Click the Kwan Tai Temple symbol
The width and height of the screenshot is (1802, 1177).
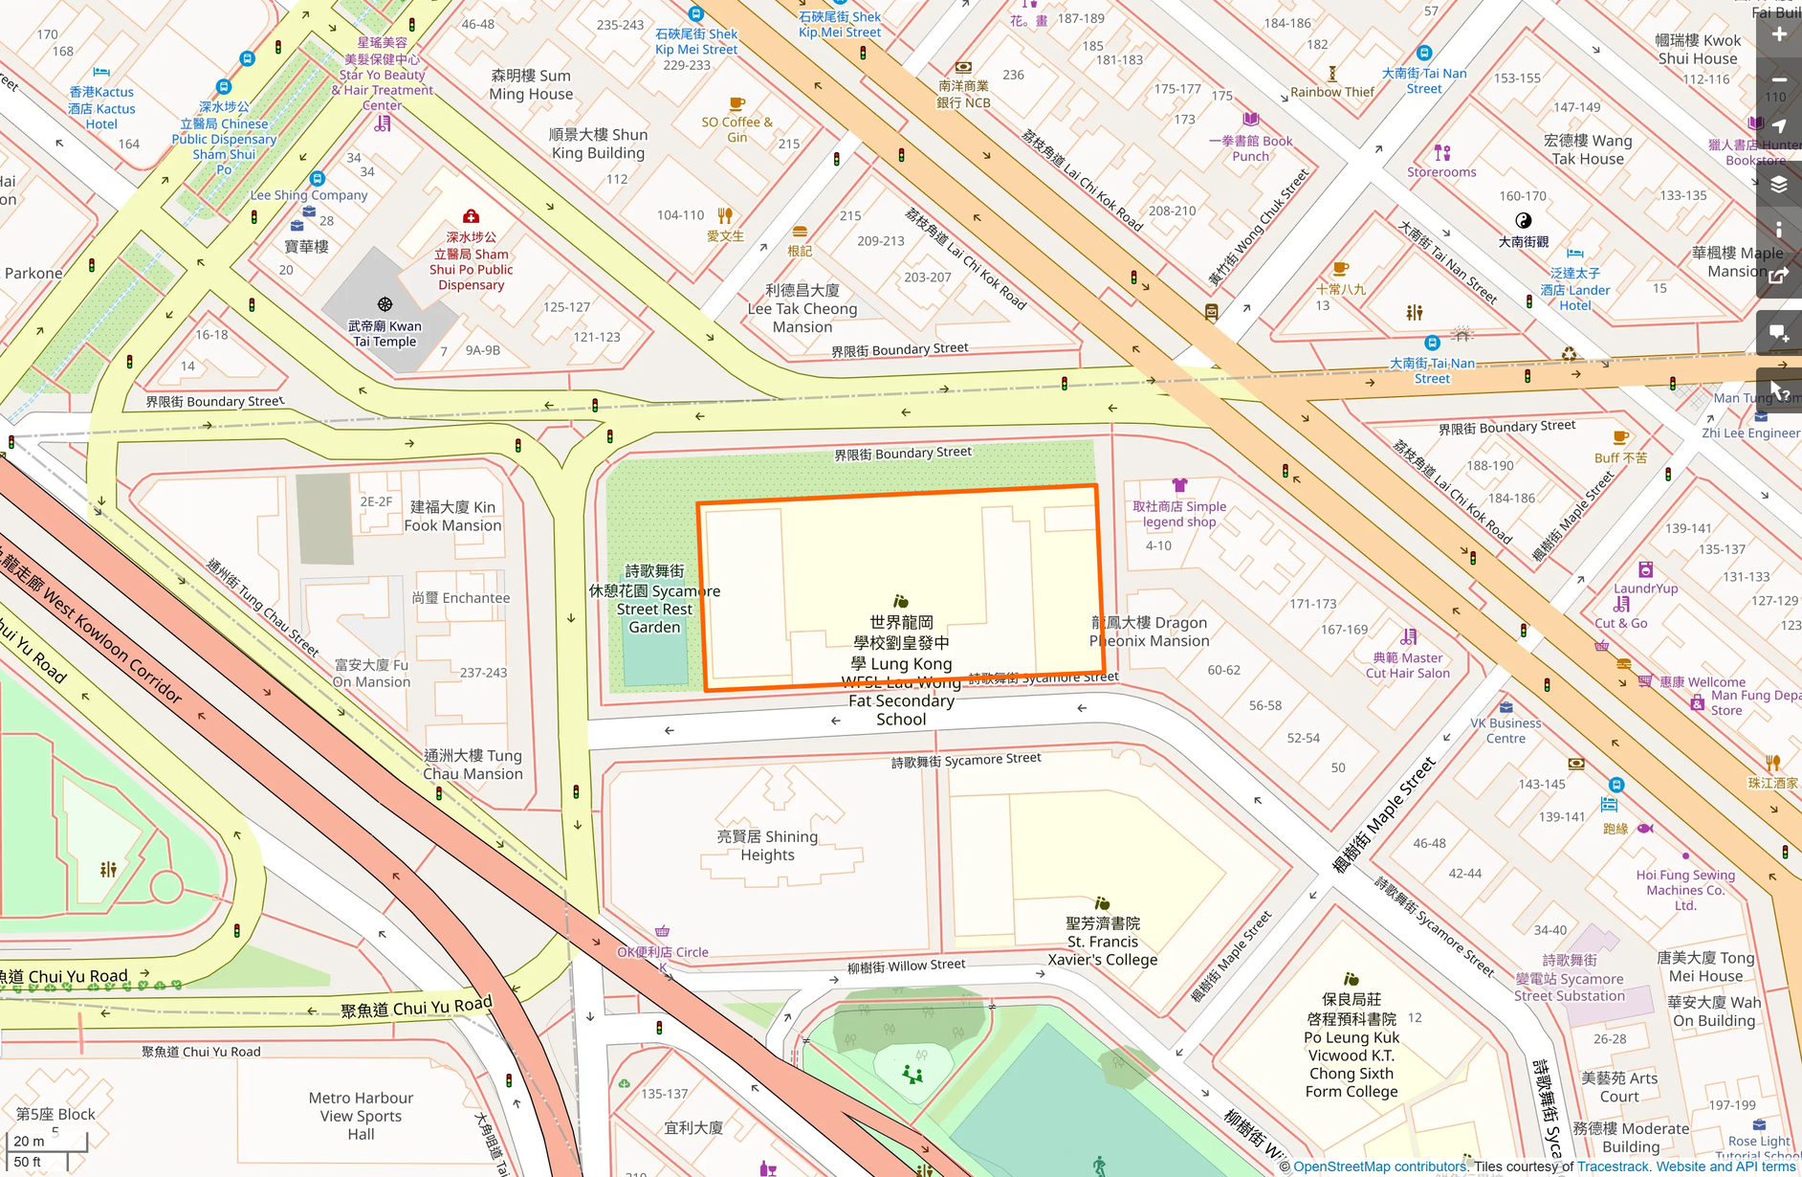[x=385, y=304]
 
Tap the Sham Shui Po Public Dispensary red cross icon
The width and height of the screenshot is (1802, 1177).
[x=471, y=216]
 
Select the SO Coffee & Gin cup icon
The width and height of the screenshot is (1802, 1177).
[x=736, y=103]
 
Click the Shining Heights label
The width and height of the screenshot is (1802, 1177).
[x=767, y=845]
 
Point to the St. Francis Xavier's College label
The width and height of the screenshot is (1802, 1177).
[x=1103, y=942]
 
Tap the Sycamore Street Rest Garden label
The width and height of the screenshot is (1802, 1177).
[x=654, y=599]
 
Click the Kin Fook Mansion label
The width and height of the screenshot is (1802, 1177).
[x=452, y=516]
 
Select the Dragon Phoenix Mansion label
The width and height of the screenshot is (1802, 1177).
[x=1150, y=632]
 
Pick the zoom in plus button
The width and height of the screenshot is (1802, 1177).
[x=1779, y=34]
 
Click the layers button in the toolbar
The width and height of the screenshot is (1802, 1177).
[x=1779, y=184]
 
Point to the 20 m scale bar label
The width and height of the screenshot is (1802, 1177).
[x=29, y=1141]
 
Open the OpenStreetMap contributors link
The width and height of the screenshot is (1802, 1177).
[x=1380, y=1166]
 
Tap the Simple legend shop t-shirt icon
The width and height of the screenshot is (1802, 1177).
[x=1179, y=486]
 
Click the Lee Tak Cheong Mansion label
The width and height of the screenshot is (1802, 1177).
[x=802, y=308]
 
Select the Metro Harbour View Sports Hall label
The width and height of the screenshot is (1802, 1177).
[x=361, y=1116]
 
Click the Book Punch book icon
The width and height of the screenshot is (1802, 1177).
[x=1251, y=120]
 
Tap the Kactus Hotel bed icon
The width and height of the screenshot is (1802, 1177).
[x=101, y=72]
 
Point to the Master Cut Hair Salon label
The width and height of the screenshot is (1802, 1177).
[x=1407, y=665]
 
